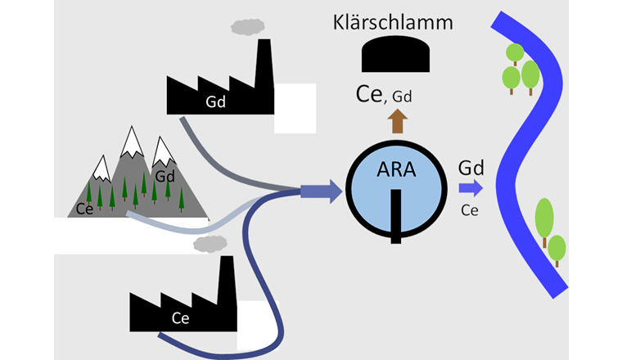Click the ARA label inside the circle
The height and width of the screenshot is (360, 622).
(x=396, y=173)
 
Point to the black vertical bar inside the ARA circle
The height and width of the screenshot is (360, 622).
(x=396, y=215)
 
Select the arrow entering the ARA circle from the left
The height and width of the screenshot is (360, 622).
(x=318, y=192)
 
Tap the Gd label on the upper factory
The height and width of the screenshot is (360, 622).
(x=216, y=102)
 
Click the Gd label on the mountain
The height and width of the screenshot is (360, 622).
(x=165, y=177)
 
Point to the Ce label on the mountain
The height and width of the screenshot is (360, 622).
(x=84, y=208)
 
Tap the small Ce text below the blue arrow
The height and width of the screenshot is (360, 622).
(x=470, y=210)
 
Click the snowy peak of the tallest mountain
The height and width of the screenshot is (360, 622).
(x=132, y=141)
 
